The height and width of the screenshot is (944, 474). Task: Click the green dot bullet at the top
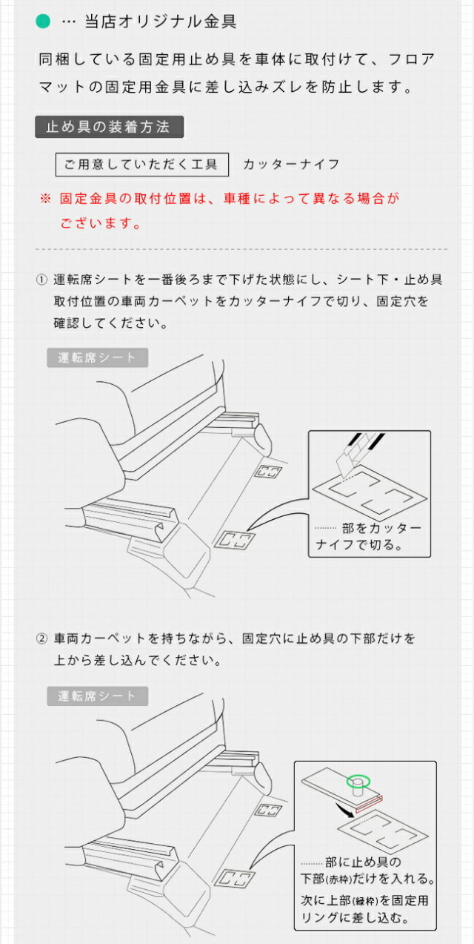pos(43,22)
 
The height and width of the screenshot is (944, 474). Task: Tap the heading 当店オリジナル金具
pos(161,22)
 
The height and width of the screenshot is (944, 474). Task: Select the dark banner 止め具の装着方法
pos(109,127)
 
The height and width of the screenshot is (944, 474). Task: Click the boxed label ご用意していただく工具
pos(142,165)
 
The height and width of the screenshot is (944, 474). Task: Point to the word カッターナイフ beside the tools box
pos(291,165)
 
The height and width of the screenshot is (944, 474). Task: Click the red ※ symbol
pos(45,199)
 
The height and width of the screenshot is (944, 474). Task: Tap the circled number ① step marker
pos(41,280)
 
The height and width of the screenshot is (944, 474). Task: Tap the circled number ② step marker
pos(41,639)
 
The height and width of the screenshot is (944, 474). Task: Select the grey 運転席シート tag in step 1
pos(97,357)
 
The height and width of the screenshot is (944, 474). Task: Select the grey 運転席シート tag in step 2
pos(97,696)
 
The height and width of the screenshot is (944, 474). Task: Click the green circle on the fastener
pos(358,782)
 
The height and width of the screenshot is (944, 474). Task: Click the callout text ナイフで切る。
pos(358,545)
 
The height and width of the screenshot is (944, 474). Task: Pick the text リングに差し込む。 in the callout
pos(355,917)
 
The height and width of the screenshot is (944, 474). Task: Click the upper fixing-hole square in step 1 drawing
pos(270,472)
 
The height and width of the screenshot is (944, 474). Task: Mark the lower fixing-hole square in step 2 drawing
pos(235,878)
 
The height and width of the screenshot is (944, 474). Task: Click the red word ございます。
pos(101,223)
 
